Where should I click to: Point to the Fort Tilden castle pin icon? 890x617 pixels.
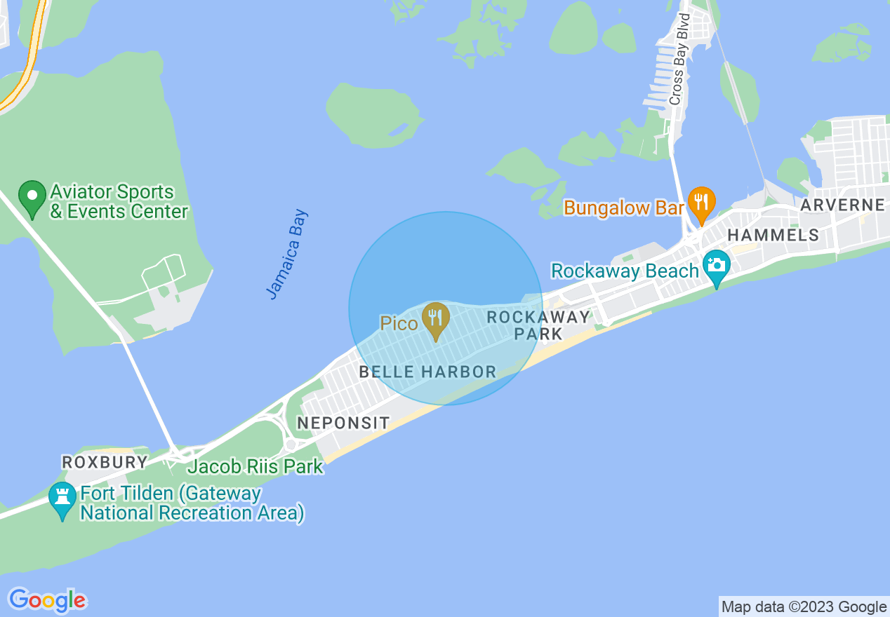62,500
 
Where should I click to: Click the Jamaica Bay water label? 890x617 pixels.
288,254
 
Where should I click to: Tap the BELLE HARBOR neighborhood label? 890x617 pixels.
427,372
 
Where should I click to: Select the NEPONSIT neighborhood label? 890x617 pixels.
343,423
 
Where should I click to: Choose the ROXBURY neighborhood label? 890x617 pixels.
105,462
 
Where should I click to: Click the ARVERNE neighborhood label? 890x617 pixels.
842,205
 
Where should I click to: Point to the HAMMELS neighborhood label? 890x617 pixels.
773,235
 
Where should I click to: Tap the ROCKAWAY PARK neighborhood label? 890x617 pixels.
538,325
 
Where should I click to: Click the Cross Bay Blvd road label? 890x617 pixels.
678,59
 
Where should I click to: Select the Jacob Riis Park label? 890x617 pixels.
255,466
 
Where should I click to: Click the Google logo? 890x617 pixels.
47,600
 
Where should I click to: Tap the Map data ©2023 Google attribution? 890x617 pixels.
804,607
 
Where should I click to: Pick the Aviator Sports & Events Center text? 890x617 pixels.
119,201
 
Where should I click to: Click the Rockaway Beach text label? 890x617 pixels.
625,271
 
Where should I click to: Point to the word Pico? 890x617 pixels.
399,323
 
